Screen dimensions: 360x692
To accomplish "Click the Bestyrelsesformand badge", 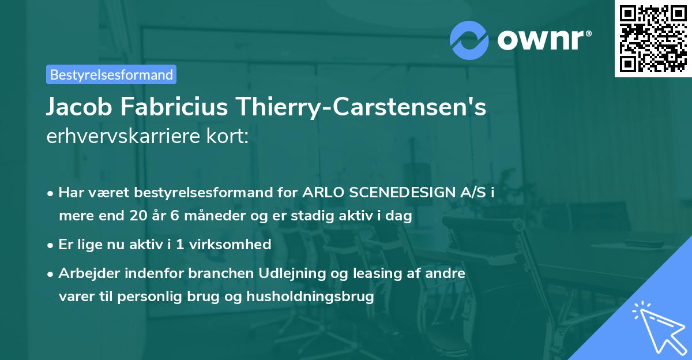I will click(x=111, y=74).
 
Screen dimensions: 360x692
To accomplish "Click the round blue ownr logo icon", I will click(x=469, y=40).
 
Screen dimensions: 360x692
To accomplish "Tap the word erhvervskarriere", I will click(x=121, y=137).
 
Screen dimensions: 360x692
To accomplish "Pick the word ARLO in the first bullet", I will click(x=320, y=193).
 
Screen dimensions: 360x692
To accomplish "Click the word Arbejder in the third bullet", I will click(x=85, y=273).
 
